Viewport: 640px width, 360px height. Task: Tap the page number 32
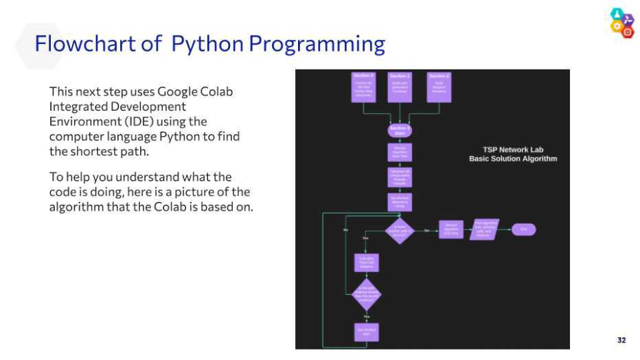tap(621, 340)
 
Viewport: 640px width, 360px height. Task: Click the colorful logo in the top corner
tap(621, 23)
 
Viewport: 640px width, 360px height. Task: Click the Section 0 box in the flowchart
tap(364, 87)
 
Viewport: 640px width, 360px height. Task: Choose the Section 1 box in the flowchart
tap(400, 87)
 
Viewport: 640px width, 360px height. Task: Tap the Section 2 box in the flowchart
tap(439, 87)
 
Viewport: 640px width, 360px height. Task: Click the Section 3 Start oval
tap(400, 130)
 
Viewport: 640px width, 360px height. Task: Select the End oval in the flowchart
tap(523, 229)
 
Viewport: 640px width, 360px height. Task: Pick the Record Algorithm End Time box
tap(451, 229)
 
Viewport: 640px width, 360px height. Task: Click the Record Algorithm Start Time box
tap(400, 152)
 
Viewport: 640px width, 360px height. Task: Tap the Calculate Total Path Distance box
tap(366, 264)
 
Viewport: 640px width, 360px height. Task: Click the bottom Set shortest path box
tap(366, 332)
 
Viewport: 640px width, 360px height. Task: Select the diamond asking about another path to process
tap(400, 231)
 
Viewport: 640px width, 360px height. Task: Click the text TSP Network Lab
tap(513, 150)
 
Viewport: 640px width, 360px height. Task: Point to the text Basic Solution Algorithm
tap(513, 159)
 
